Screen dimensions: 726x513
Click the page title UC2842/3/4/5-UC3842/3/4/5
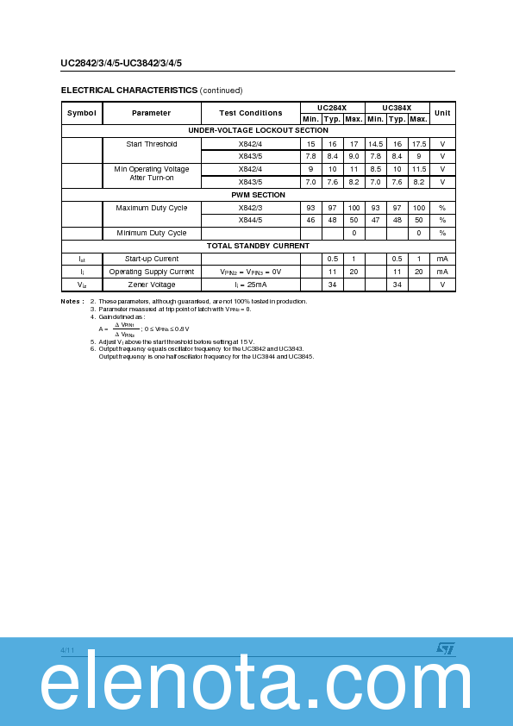click(121, 63)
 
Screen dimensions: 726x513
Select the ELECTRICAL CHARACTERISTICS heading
click(129, 90)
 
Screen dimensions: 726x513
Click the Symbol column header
click(82, 113)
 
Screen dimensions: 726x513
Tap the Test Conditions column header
click(250, 113)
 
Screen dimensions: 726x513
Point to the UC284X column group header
click(332, 108)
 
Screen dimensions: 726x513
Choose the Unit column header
click(442, 113)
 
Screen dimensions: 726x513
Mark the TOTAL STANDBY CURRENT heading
click(258, 246)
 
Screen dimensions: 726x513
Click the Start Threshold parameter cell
click(152, 144)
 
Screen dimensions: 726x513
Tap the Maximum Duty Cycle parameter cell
click(152, 208)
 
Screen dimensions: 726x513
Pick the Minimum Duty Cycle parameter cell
click(152, 233)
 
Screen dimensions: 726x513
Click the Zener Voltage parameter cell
click(152, 284)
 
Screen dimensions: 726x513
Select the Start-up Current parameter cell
click(152, 259)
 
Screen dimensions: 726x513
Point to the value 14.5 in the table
click(375, 144)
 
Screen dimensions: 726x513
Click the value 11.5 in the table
click(418, 169)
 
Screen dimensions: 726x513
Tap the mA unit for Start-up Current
click(442, 259)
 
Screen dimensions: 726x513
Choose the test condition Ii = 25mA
click(250, 284)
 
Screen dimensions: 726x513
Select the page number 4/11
click(68, 649)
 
